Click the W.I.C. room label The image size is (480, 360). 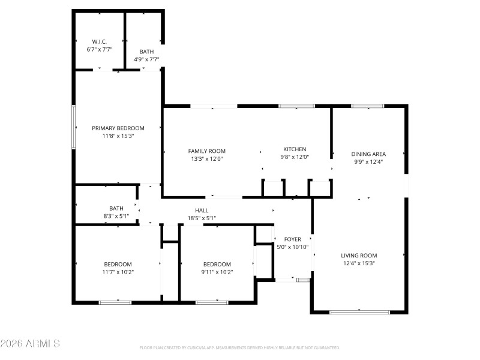[99, 41]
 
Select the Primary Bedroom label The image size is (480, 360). [118, 128]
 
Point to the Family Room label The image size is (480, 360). [207, 151]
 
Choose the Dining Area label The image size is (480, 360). [368, 154]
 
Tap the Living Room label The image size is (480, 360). [359, 255]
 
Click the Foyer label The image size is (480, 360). [293, 239]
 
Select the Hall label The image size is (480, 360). [202, 210]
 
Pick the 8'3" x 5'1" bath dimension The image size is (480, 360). [116, 216]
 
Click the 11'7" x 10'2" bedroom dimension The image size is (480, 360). [118, 272]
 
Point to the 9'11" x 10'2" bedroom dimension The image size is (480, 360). [217, 272]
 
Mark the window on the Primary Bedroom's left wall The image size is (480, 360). [74, 127]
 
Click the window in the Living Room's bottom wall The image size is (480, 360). [359, 311]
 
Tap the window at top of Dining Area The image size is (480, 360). [368, 106]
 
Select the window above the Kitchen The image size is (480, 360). [296, 106]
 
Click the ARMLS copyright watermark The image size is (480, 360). [30, 344]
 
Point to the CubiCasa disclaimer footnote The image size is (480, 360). [240, 347]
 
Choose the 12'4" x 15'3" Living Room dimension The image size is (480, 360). [359, 263]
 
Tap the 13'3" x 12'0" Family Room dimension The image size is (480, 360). [207, 159]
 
